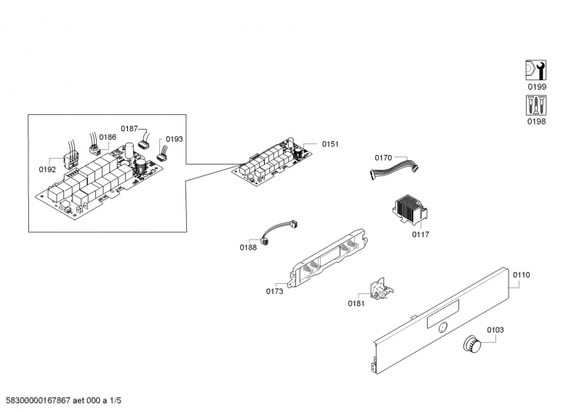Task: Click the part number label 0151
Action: (x=330, y=144)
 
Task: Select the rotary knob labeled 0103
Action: (x=472, y=344)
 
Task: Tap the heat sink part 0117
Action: (x=410, y=210)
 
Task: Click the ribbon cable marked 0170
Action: (x=394, y=169)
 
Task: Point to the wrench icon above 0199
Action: (x=535, y=70)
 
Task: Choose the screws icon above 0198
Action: (x=535, y=105)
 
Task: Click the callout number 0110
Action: (x=521, y=275)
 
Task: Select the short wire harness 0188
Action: (x=280, y=231)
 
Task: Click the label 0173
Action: (x=274, y=292)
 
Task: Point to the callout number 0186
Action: (x=108, y=137)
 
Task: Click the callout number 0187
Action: (x=129, y=129)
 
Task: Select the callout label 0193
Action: (x=174, y=139)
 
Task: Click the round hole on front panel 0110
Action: (x=442, y=328)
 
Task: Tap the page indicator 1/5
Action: (x=115, y=400)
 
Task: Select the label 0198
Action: (x=536, y=122)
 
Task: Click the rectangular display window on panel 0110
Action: (x=443, y=314)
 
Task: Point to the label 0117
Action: (x=420, y=234)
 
